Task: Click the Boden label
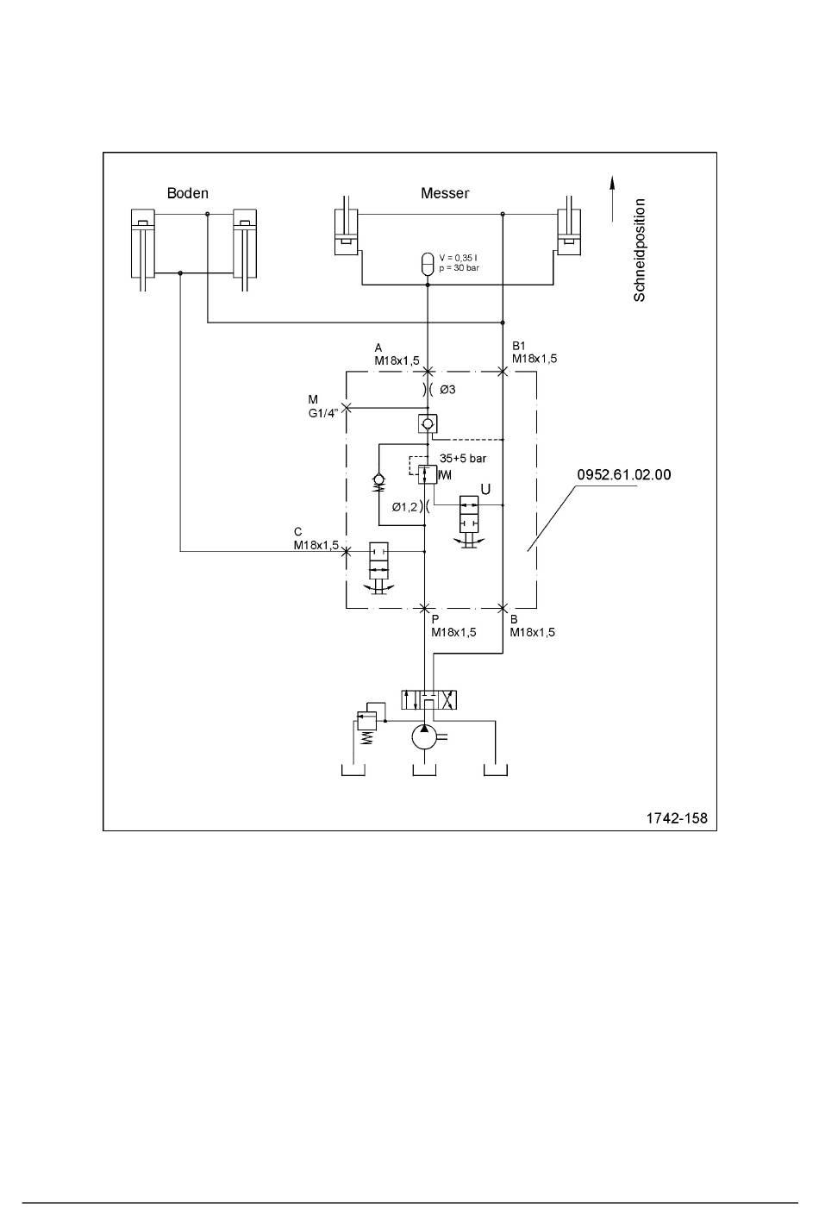pyautogui.click(x=188, y=193)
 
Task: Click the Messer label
pyautogui.click(x=445, y=193)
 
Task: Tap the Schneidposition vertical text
pyautogui.click(x=640, y=250)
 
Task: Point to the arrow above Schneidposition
pyautogui.click(x=612, y=198)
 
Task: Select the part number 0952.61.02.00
pyautogui.click(x=624, y=474)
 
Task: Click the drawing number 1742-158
pyautogui.click(x=677, y=818)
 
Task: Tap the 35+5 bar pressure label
pyautogui.click(x=463, y=459)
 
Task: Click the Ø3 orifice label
pyautogui.click(x=447, y=390)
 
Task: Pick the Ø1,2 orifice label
pyautogui.click(x=404, y=507)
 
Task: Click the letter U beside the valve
pyautogui.click(x=485, y=490)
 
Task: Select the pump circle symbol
pyautogui.click(x=425, y=737)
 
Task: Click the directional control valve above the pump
pyautogui.click(x=428, y=699)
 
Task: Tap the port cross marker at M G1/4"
pyautogui.click(x=347, y=408)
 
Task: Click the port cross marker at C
pyautogui.click(x=347, y=552)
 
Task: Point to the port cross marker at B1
pyautogui.click(x=503, y=372)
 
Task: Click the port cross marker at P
pyautogui.click(x=425, y=608)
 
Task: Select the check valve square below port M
pyautogui.click(x=428, y=423)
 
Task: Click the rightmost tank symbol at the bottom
pyautogui.click(x=495, y=770)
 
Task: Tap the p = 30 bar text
pyautogui.click(x=459, y=268)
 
